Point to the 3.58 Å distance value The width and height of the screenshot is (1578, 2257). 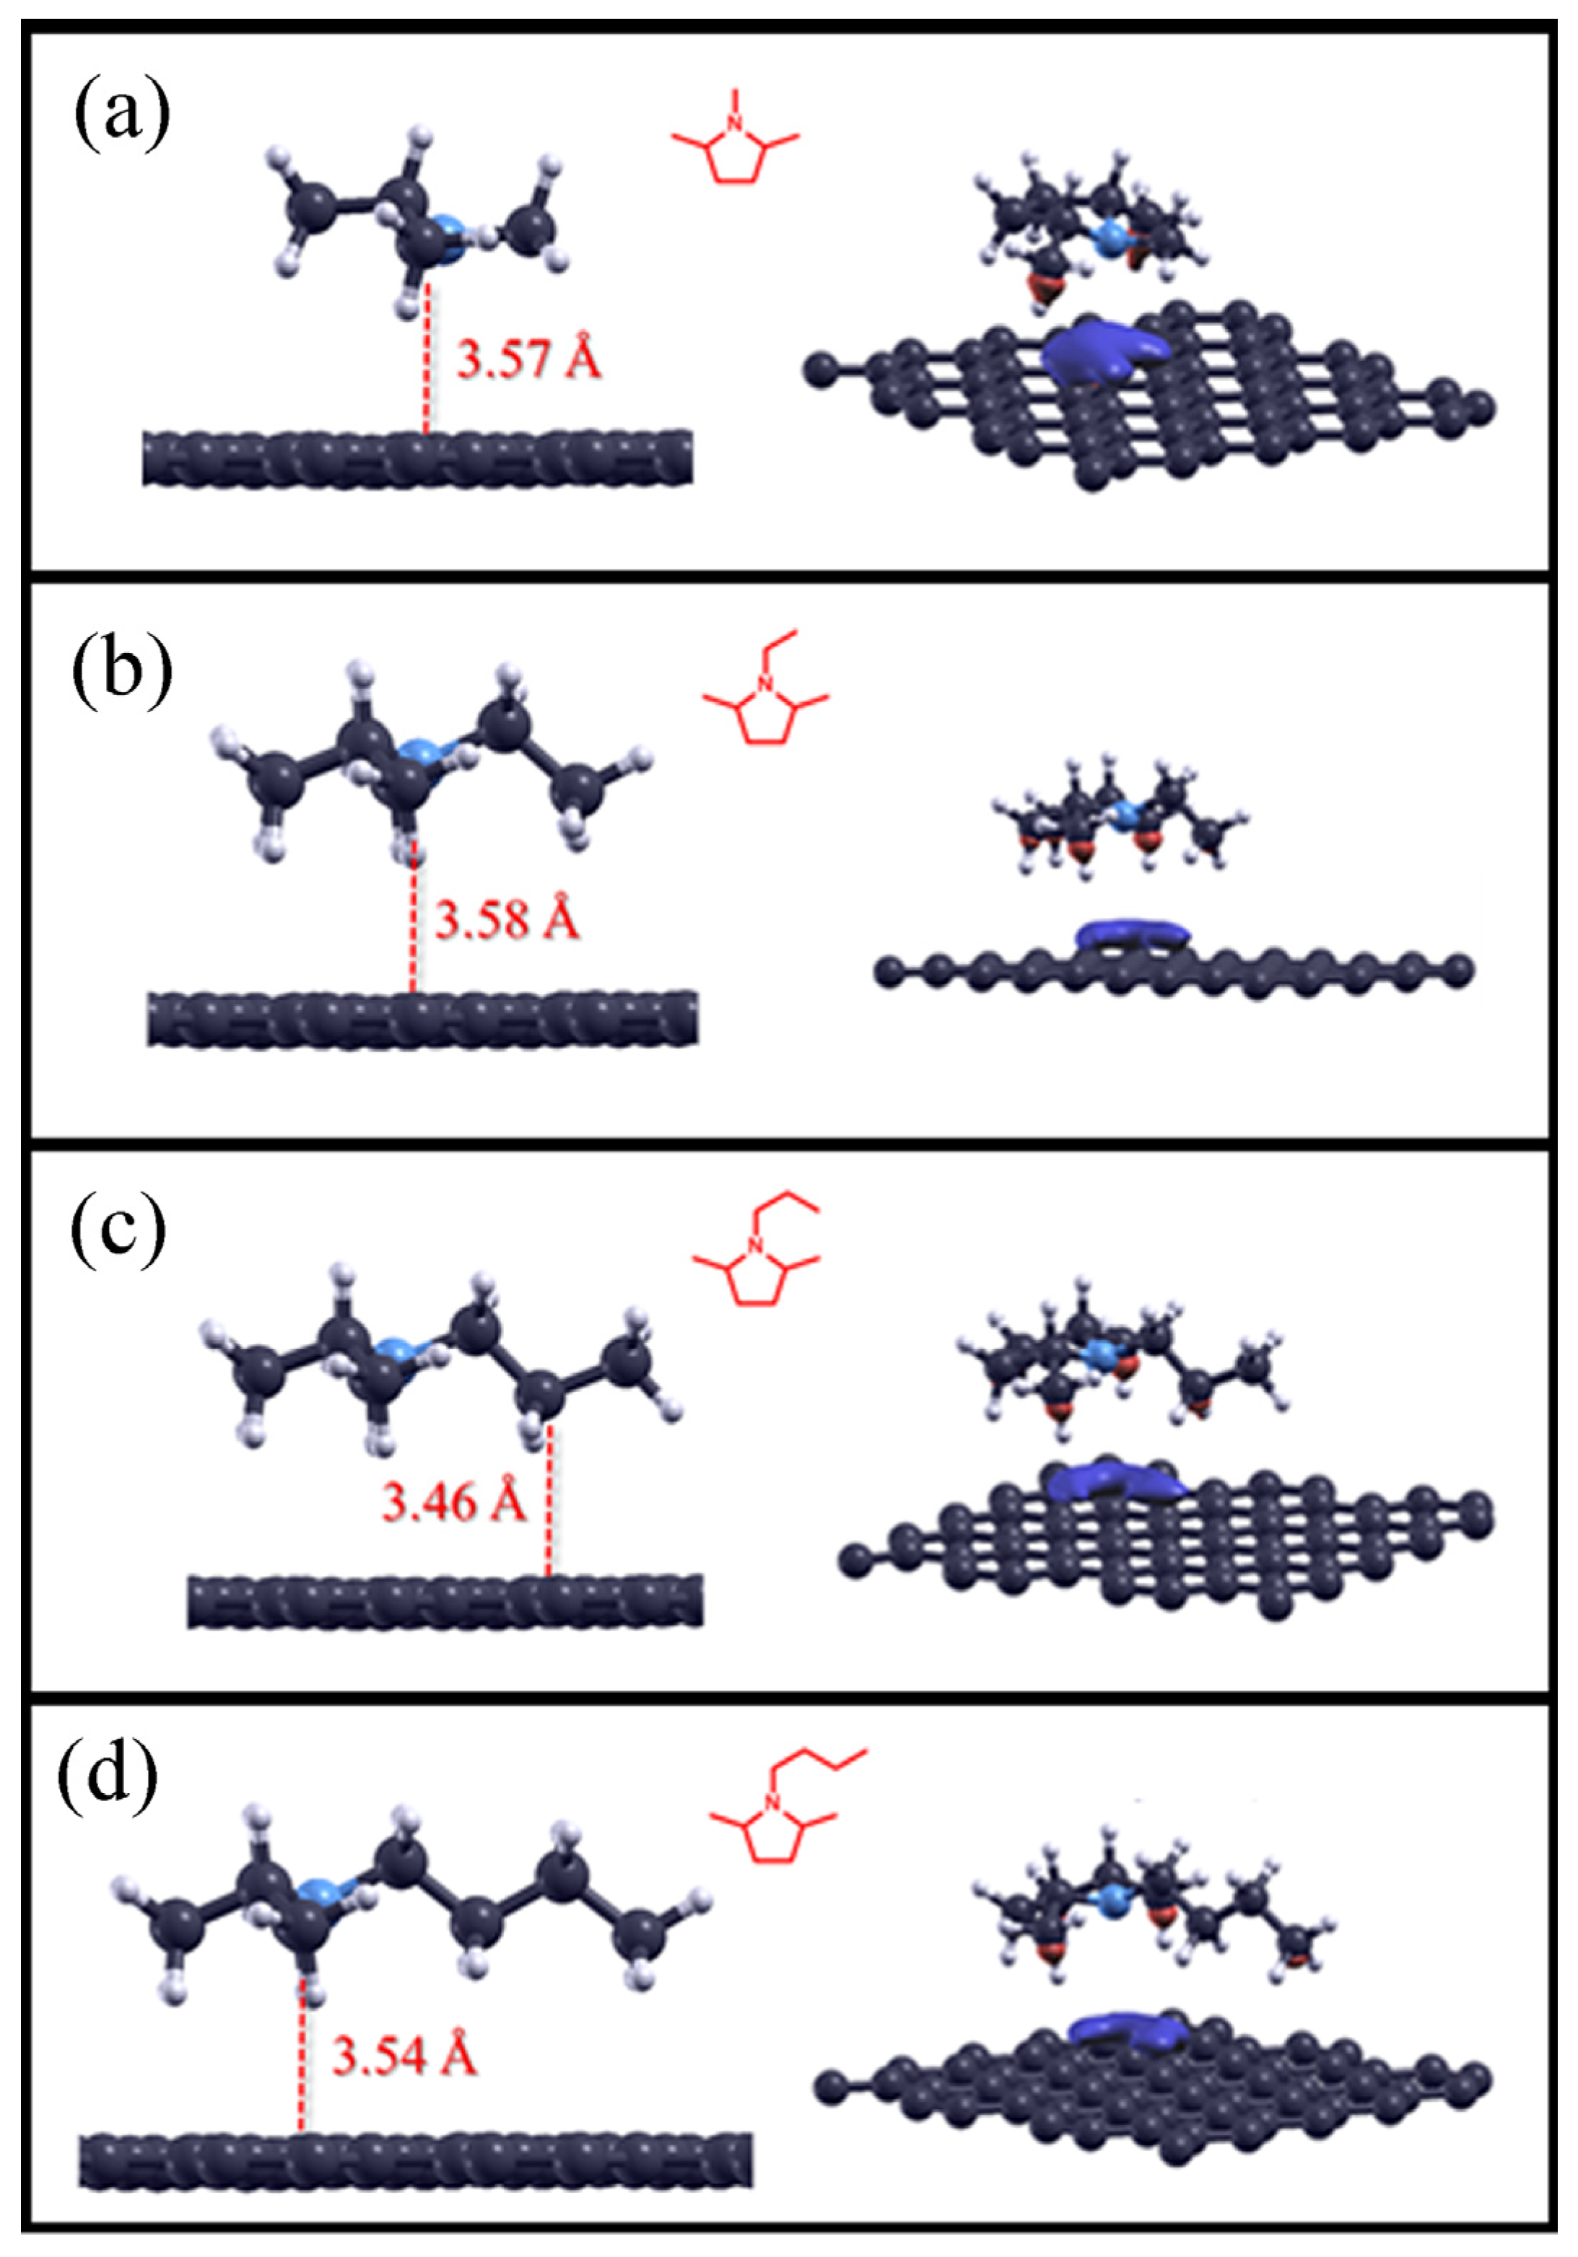(507, 920)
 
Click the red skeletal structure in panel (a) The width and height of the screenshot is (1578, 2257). (736, 147)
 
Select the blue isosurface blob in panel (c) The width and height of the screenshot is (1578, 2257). (1111, 1481)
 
